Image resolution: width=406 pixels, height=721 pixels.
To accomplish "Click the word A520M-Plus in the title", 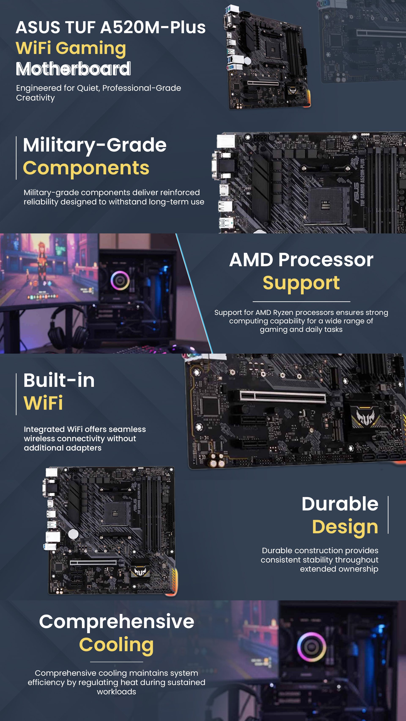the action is [x=153, y=28].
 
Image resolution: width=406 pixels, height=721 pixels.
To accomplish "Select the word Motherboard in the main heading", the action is [x=73, y=69].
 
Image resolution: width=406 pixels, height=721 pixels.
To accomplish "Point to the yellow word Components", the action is [x=86, y=168].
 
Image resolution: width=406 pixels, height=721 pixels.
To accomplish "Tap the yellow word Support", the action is [x=301, y=283].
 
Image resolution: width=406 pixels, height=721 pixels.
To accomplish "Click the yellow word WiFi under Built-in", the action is [x=43, y=403].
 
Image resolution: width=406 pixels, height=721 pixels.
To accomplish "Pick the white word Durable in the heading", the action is [x=340, y=504].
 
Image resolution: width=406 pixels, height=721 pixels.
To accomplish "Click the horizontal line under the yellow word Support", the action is [x=301, y=302].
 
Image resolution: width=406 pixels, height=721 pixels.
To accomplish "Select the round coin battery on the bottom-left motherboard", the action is [x=73, y=534].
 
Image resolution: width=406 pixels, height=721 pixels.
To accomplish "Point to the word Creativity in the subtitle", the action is [x=36, y=98].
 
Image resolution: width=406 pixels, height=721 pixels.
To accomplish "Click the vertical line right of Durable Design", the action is [x=388, y=515].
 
